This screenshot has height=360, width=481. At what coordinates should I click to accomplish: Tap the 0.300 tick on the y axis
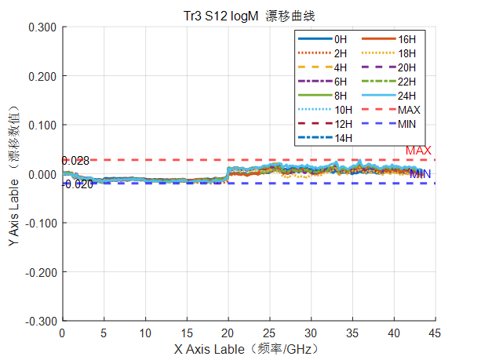point(42,27)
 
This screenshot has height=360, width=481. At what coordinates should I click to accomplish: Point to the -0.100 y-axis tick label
point(41,224)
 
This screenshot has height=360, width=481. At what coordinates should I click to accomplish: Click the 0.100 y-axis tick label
point(42,125)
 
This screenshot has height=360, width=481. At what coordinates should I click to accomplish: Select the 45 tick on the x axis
point(435,333)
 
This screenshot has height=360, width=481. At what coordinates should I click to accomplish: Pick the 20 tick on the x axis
point(228,333)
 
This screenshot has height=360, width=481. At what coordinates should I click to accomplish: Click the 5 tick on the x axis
point(104,333)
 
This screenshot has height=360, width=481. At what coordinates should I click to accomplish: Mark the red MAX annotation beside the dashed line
point(418,151)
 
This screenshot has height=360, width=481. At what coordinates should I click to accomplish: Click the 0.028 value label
point(75,161)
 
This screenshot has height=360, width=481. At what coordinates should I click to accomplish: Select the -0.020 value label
point(78,184)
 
